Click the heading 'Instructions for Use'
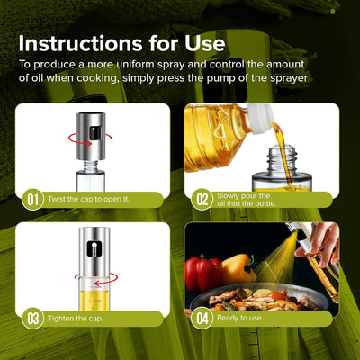click(121, 43)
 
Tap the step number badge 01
click(31, 199)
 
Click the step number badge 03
click(31, 318)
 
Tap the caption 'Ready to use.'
click(239, 318)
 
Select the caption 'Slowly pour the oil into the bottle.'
click(249, 199)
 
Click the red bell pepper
click(202, 272)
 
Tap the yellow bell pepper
click(237, 267)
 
